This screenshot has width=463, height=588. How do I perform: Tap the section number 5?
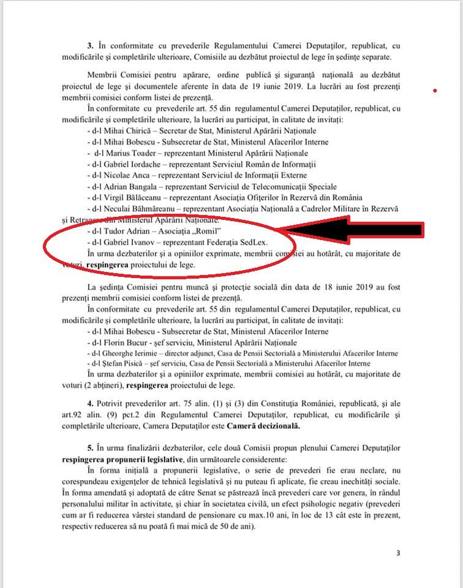click(x=91, y=448)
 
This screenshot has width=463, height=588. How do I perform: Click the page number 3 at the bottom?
click(x=398, y=553)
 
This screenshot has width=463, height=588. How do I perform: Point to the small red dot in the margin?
click(x=435, y=91)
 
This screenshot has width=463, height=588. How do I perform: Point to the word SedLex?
click(x=254, y=242)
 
